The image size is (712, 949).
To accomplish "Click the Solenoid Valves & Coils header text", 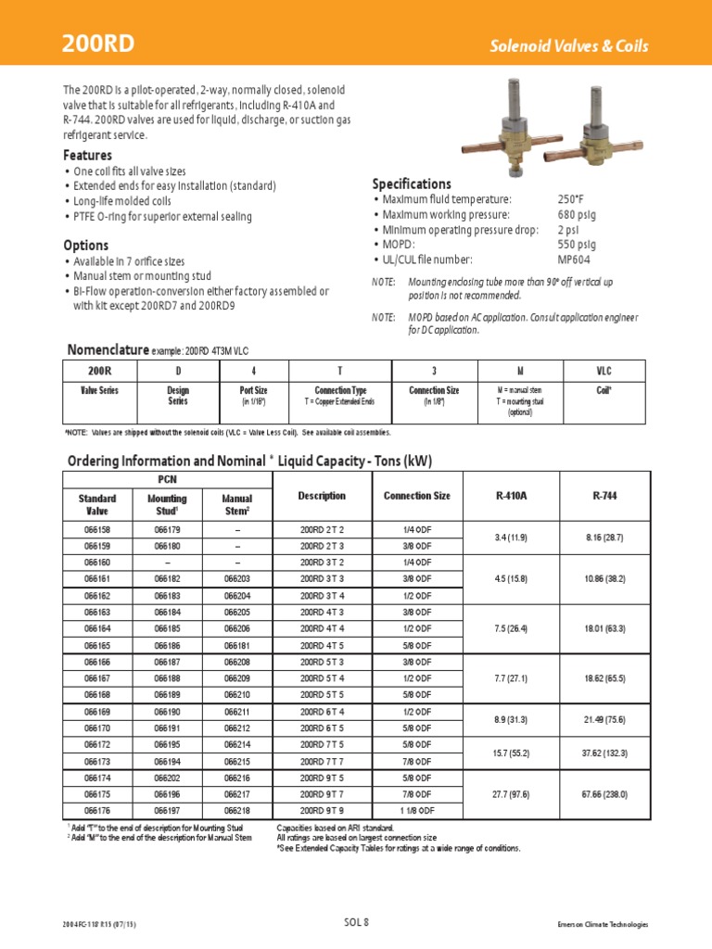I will [x=569, y=46].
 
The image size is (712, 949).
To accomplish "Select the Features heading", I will [x=87, y=155].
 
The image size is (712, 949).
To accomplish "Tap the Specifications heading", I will [x=412, y=183].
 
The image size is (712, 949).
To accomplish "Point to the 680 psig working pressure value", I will [x=578, y=215].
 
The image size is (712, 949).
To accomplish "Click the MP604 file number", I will [x=575, y=259].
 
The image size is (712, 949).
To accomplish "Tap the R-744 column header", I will [x=604, y=496].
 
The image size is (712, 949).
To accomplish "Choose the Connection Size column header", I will [x=416, y=496].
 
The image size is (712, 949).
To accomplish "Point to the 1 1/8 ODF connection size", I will [x=416, y=810].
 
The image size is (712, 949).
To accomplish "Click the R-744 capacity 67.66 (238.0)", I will [x=604, y=793].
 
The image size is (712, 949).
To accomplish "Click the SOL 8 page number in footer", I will [x=356, y=921].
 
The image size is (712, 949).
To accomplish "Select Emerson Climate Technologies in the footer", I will [x=603, y=925].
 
